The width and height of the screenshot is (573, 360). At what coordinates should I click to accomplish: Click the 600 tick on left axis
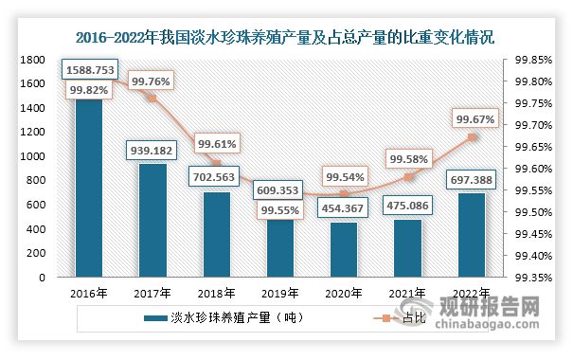[38, 205]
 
